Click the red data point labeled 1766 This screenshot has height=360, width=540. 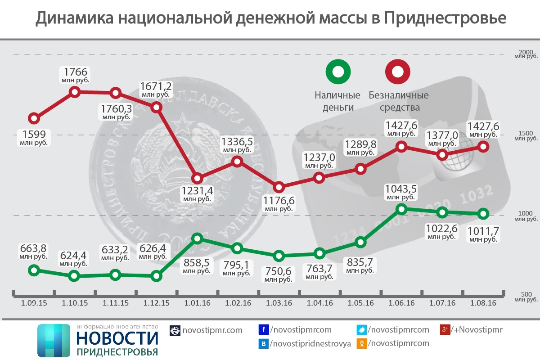click(75, 92)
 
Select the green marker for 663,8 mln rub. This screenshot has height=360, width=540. click(33, 270)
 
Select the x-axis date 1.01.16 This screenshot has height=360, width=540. click(197, 303)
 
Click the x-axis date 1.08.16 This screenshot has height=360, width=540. click(483, 303)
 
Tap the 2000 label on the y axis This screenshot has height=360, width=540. click(525, 52)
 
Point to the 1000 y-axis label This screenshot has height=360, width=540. click(525, 213)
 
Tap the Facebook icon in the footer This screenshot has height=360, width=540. click(264, 330)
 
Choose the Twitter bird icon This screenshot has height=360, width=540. click(361, 330)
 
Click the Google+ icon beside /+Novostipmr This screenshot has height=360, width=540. click(445, 330)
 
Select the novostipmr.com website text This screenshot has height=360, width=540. click(212, 330)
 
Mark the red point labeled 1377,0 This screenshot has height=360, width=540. click(442, 155)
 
